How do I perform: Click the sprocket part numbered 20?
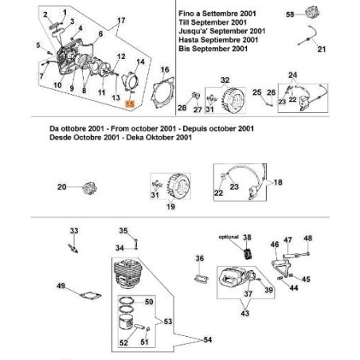(87, 188)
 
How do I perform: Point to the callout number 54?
(209, 339)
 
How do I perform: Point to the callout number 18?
(278, 182)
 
